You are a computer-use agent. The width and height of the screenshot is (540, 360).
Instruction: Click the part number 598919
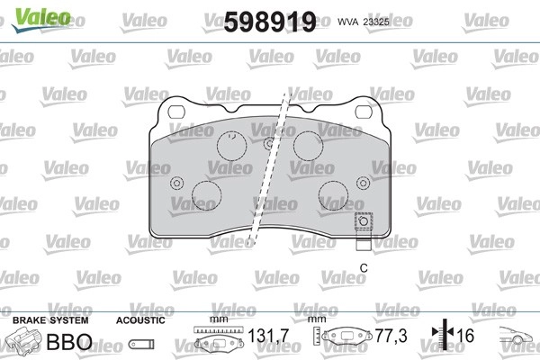(270, 22)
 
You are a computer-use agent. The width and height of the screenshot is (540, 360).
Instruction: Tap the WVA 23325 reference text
(364, 22)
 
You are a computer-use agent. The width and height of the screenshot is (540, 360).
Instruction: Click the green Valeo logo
(41, 19)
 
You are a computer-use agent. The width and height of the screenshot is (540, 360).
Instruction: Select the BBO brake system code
(69, 342)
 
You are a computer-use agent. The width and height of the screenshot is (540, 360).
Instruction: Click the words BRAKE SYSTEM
(50, 320)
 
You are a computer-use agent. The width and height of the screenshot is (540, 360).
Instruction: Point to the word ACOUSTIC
(140, 320)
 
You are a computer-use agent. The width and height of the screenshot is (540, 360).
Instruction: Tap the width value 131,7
(268, 336)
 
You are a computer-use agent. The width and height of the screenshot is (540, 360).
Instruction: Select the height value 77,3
(391, 336)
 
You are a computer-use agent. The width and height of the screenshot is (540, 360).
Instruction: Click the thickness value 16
(465, 336)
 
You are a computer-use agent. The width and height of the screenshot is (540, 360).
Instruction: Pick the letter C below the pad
(364, 267)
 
